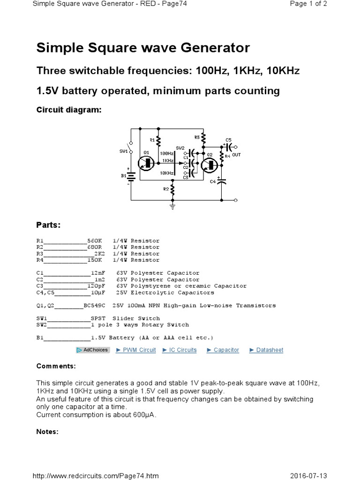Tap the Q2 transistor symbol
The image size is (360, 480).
[210, 164]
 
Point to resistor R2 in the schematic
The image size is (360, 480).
[172, 189]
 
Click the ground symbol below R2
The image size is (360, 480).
[172, 205]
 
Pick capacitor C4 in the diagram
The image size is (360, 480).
[222, 181]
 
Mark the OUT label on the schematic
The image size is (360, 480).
[236, 155]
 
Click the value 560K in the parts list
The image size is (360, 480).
[94, 240]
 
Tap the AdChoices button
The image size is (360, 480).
[92, 350]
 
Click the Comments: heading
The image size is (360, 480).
[56, 366]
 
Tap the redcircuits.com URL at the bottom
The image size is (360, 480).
[95, 476]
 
